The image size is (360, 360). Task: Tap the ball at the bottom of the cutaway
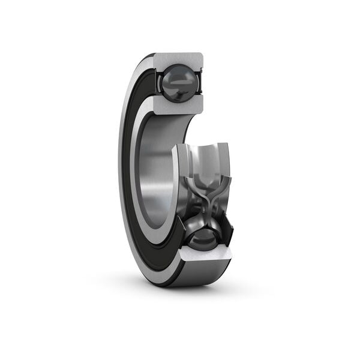coord(202,235)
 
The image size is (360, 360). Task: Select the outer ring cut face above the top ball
coord(179,60)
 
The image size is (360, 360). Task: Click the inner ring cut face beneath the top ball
coord(179,107)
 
